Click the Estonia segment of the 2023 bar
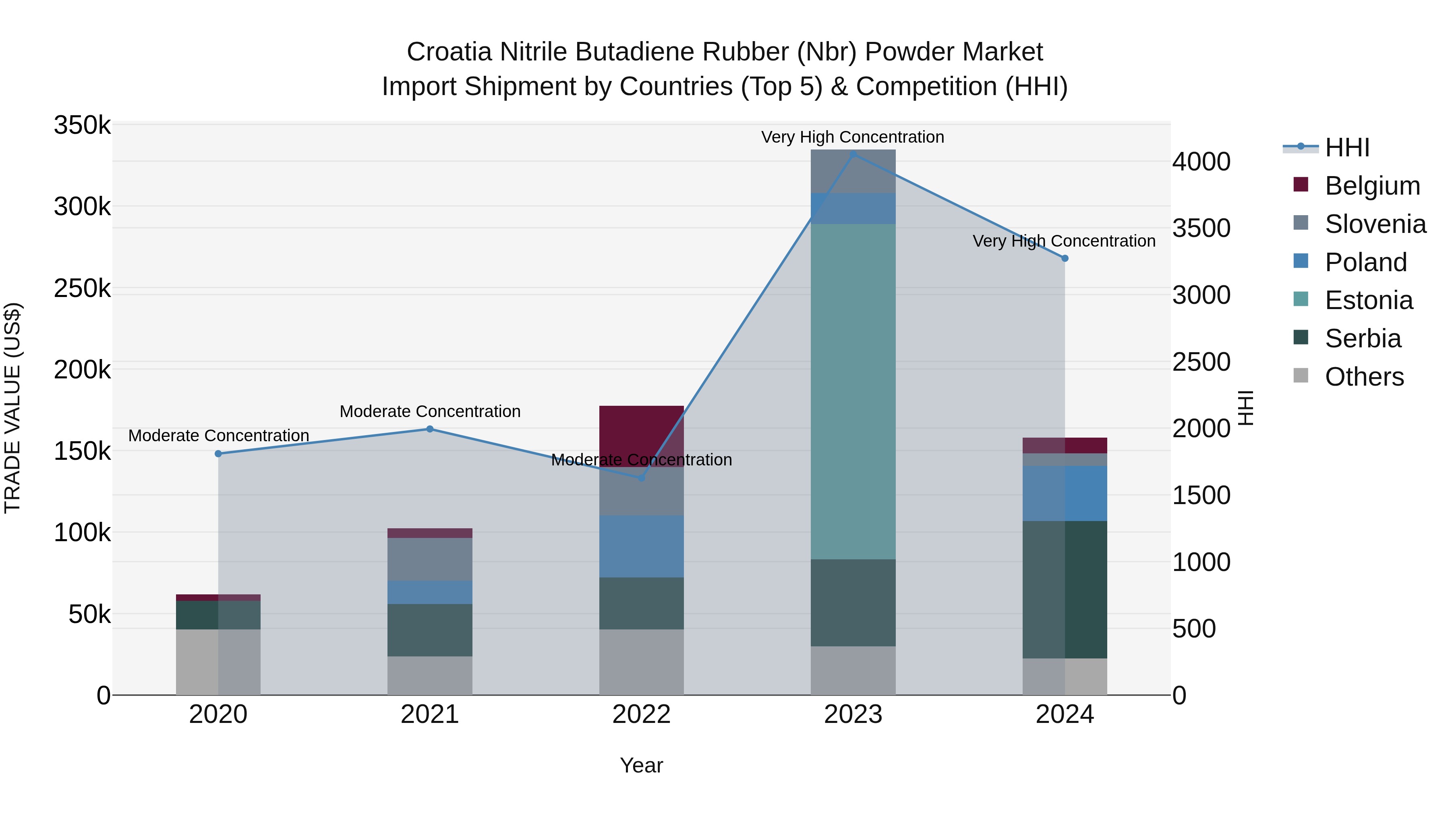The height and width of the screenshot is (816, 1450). pyautogui.click(x=853, y=391)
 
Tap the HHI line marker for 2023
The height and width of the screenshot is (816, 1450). pyautogui.click(x=853, y=154)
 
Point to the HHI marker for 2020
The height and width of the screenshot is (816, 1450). pyautogui.click(x=218, y=453)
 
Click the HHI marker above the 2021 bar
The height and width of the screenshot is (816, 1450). pyautogui.click(x=429, y=429)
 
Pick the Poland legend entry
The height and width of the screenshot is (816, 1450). pyautogui.click(x=1365, y=262)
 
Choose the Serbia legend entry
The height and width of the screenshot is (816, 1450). pyautogui.click(x=1362, y=338)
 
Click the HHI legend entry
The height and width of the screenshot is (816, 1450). pyautogui.click(x=1346, y=147)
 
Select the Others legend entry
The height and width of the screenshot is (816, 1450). pyautogui.click(x=1363, y=377)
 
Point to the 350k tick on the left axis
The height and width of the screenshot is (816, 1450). pyautogui.click(x=82, y=125)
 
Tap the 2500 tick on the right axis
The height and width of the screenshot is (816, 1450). pyautogui.click(x=1201, y=362)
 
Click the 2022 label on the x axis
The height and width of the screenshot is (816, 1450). pyautogui.click(x=641, y=714)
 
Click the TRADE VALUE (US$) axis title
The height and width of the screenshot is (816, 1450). pyautogui.click(x=12, y=408)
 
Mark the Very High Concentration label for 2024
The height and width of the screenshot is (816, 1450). pyautogui.click(x=1064, y=241)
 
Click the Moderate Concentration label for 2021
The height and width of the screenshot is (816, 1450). pyautogui.click(x=429, y=412)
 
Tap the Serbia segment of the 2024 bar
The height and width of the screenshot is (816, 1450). pyautogui.click(x=1065, y=589)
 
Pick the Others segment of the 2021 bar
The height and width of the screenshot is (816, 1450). pyautogui.click(x=429, y=675)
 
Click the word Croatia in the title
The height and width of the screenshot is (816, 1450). pyautogui.click(x=449, y=52)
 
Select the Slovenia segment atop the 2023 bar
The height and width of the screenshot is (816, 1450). pyautogui.click(x=853, y=171)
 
